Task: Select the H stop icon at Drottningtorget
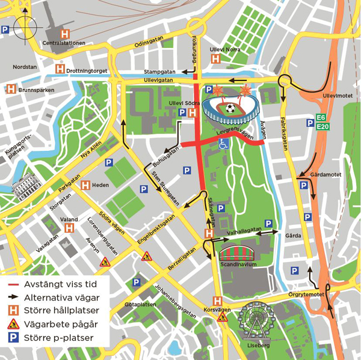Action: coord(60,70)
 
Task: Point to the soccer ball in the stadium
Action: coord(229,109)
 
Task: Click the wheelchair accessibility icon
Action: coord(223,143)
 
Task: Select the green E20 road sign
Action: coord(323,126)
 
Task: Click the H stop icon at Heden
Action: coord(84,185)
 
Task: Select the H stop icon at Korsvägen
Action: coord(217,301)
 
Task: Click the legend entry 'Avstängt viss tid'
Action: coord(55,285)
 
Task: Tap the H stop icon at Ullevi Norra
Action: coord(215,58)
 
